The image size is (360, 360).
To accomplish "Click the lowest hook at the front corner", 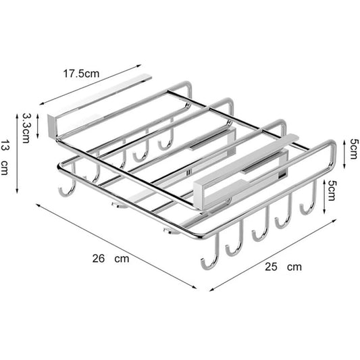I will tap(208, 259).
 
